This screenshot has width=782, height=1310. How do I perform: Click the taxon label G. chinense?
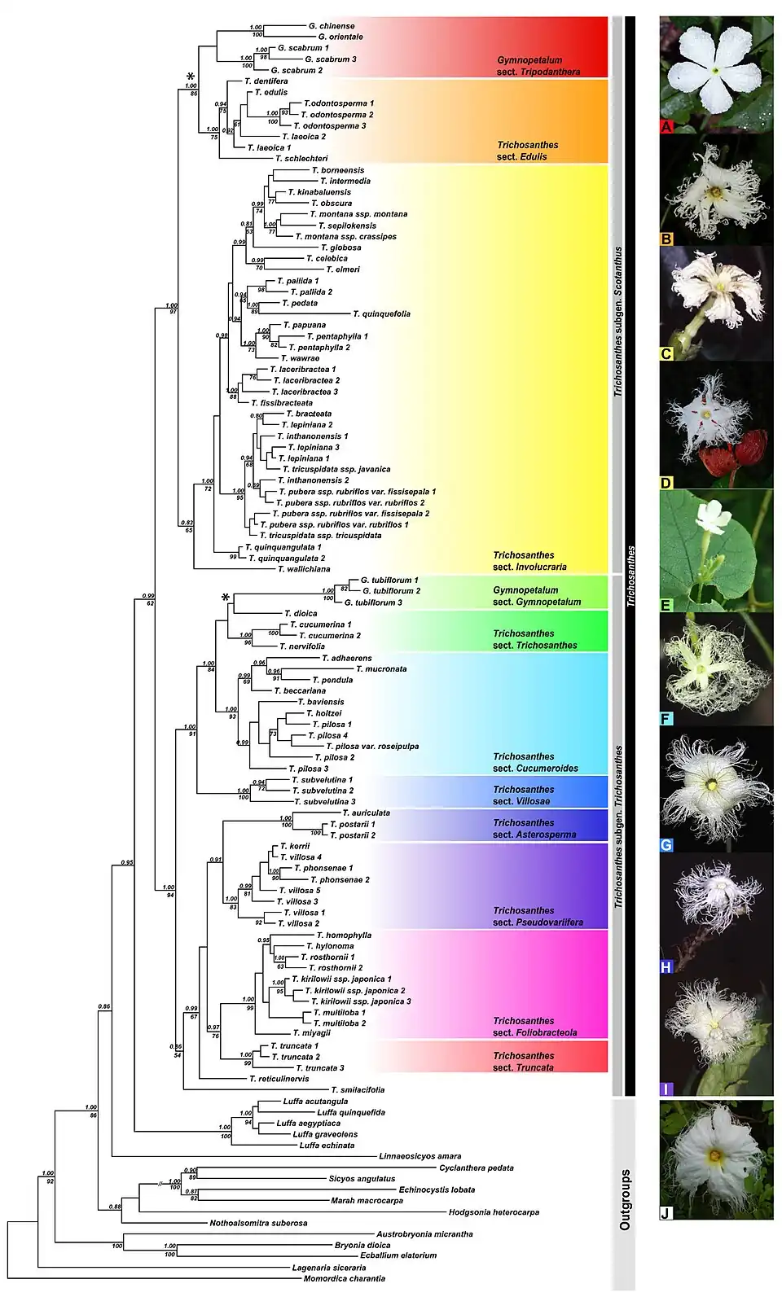[x=332, y=26]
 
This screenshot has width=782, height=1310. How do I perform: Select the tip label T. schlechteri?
[x=301, y=159]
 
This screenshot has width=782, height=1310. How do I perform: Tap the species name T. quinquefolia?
[x=381, y=314]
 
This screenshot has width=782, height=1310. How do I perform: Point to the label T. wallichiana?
[x=304, y=569]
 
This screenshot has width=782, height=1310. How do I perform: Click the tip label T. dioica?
[x=301, y=614]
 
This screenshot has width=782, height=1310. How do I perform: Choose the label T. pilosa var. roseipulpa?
[x=372, y=747]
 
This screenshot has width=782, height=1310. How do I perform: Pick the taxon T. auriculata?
[x=366, y=813]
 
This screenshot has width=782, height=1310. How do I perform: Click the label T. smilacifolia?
[x=358, y=1090]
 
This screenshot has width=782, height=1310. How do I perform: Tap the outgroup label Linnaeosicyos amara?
[x=420, y=1156]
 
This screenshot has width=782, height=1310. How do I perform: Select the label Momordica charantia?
[x=344, y=1278]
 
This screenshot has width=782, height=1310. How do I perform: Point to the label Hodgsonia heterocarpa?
[x=494, y=1212]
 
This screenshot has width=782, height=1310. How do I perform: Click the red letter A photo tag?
[x=667, y=126]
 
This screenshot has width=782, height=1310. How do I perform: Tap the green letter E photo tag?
[x=666, y=605]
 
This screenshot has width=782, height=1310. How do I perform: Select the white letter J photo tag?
[x=666, y=1213]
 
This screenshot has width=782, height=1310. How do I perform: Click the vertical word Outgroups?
[x=625, y=1199]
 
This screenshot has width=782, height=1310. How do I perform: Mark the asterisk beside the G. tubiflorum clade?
[x=226, y=598]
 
